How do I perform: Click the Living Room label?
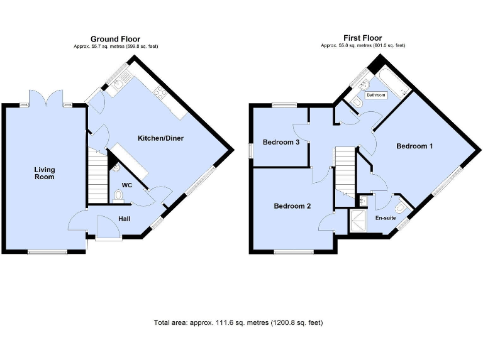tap(44, 173)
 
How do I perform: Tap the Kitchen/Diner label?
tap(161, 138)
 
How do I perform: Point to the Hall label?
tap(125, 219)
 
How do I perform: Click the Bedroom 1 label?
tap(414, 146)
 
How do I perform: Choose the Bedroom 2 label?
tap(292, 206)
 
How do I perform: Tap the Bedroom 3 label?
tap(280, 143)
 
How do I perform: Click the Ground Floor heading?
tap(115, 39)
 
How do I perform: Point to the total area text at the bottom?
tap(238, 322)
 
